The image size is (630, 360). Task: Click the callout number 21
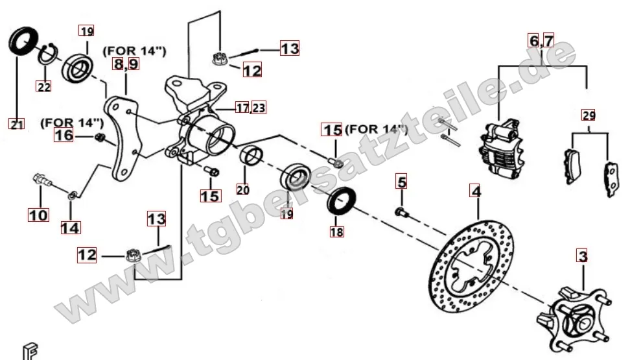16,124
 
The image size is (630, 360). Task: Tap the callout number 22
44,86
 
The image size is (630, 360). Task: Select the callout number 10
39,215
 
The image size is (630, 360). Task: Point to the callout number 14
70,228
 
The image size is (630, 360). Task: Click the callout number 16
64,135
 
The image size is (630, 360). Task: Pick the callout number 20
242,189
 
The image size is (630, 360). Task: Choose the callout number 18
336,232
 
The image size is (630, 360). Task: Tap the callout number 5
401,182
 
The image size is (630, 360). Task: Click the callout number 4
476,191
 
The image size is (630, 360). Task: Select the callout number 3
583,256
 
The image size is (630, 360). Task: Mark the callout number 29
589,116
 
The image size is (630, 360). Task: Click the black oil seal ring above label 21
23,41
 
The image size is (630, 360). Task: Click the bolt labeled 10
42,180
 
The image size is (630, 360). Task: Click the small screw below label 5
402,213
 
